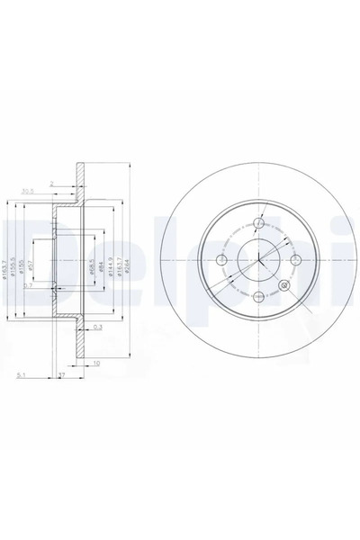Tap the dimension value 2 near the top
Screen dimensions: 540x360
[53, 183]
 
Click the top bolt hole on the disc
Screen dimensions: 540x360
[258, 223]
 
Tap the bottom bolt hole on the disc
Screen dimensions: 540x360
[258, 297]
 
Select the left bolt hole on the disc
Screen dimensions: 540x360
[221, 260]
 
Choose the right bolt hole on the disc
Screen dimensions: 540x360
[295, 260]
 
